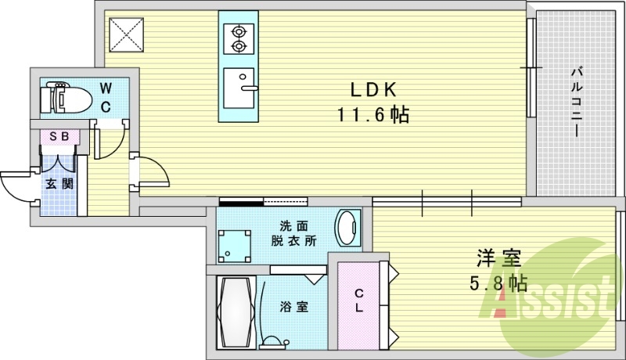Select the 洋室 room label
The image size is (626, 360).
498,256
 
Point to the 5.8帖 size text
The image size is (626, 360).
498,282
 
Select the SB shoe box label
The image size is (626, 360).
59,136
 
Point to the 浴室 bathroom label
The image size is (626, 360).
293,307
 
